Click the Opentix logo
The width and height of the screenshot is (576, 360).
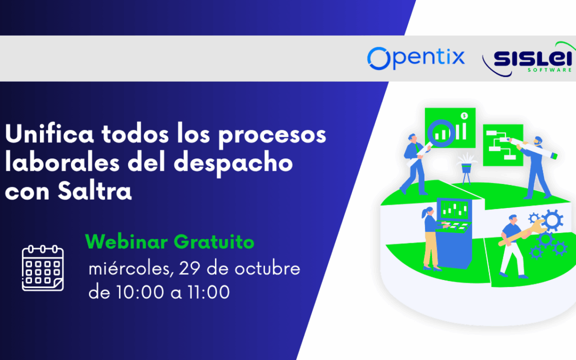point(416,58)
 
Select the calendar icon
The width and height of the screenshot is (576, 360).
point(43,268)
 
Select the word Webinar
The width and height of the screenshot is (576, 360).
point(126,242)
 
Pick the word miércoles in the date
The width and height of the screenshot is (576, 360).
point(130,269)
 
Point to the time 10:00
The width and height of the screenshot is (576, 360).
point(128,292)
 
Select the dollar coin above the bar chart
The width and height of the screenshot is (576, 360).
point(465,115)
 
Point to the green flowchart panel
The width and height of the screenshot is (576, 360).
point(502,144)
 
